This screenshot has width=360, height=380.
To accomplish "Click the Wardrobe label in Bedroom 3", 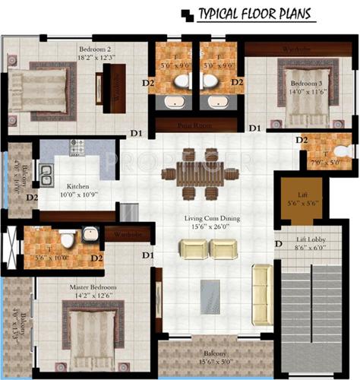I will (x=298, y=50).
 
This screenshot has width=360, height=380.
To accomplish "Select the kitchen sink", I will (x=46, y=174).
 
